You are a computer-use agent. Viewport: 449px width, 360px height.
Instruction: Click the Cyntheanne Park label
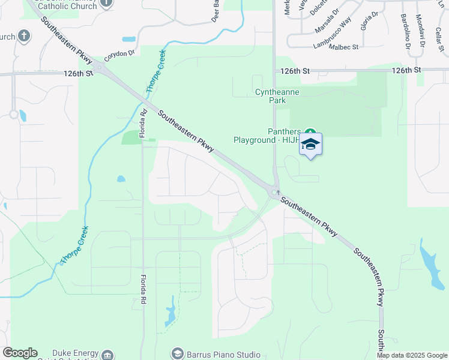(277, 97)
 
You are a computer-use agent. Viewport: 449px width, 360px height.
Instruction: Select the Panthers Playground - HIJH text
(268, 136)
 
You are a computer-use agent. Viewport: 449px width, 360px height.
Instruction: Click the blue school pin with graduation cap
(310, 144)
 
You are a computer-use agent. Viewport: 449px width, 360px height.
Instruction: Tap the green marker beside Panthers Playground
(310, 132)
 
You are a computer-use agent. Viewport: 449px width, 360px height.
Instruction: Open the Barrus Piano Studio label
(223, 354)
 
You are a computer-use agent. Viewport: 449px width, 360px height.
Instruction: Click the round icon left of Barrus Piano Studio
(176, 353)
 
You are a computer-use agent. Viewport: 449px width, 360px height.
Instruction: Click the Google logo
(20, 353)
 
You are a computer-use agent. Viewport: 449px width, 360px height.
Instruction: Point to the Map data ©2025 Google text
(411, 355)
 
